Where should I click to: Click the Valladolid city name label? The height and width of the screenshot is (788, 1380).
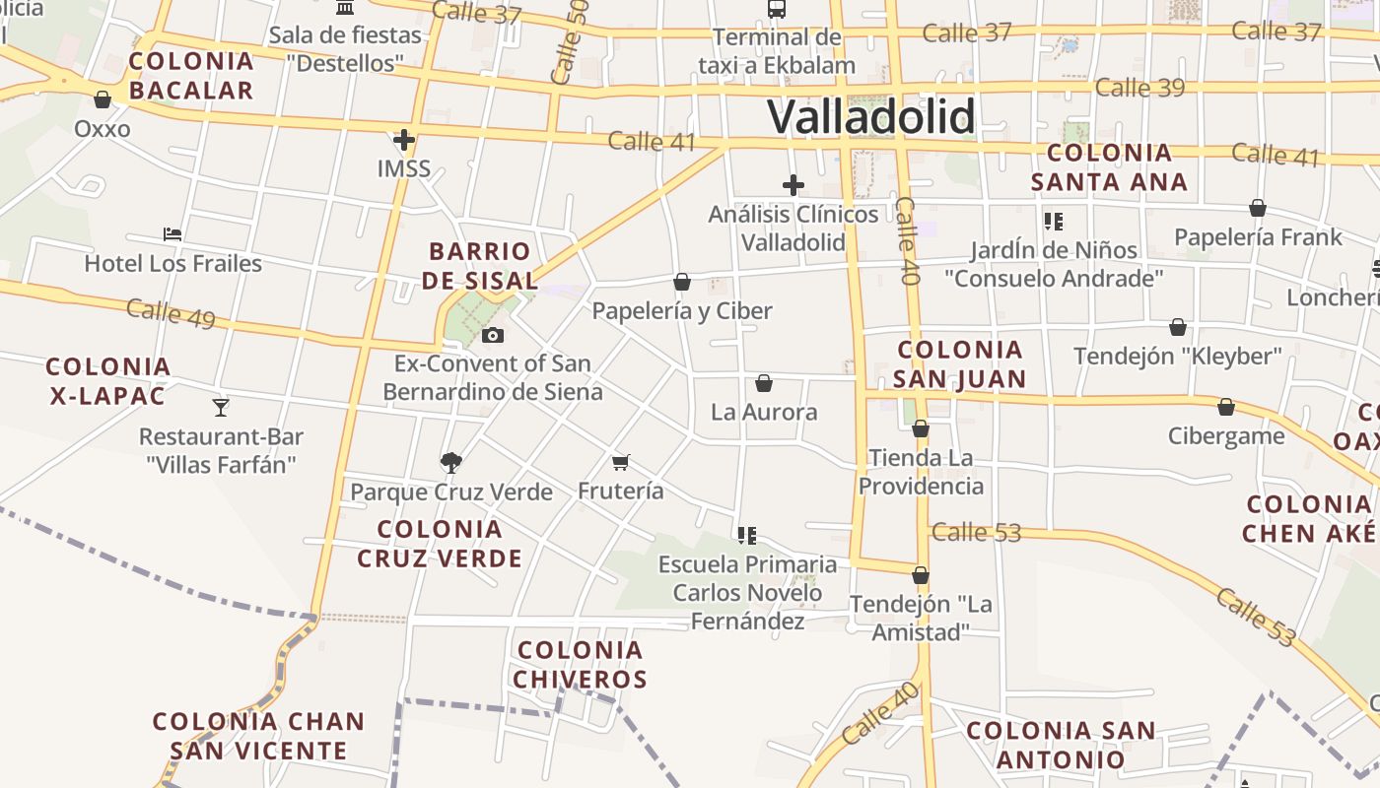click(871, 117)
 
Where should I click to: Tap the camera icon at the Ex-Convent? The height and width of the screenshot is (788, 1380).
click(493, 336)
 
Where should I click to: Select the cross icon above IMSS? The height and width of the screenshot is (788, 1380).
click(403, 140)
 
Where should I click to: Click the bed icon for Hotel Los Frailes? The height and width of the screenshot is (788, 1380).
click(172, 234)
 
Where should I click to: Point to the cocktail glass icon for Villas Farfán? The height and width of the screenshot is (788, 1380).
click(221, 407)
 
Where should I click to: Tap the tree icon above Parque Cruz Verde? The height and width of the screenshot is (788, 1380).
click(451, 462)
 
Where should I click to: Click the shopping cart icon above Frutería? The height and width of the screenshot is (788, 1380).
click(620, 462)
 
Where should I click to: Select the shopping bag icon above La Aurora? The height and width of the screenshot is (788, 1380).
click(764, 383)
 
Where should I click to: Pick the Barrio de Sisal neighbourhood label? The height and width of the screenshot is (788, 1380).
click(480, 266)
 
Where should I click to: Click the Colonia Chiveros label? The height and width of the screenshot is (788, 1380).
click(580, 665)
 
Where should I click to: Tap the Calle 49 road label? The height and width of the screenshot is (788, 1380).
click(171, 313)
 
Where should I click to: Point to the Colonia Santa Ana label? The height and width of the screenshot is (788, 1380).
click(1109, 167)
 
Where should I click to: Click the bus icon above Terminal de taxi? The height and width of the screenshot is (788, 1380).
click(777, 9)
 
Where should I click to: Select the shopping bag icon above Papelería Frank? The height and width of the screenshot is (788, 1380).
click(1258, 208)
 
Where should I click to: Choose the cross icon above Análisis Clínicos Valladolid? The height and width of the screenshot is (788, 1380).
click(793, 185)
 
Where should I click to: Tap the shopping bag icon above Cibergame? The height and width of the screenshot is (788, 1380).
click(1226, 407)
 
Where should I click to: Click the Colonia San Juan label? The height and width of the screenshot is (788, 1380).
click(960, 364)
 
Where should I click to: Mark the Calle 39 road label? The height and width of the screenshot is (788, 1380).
click(1139, 88)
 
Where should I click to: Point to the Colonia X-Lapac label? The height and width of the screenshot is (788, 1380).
click(108, 381)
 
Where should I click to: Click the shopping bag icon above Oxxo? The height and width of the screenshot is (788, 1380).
click(103, 99)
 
